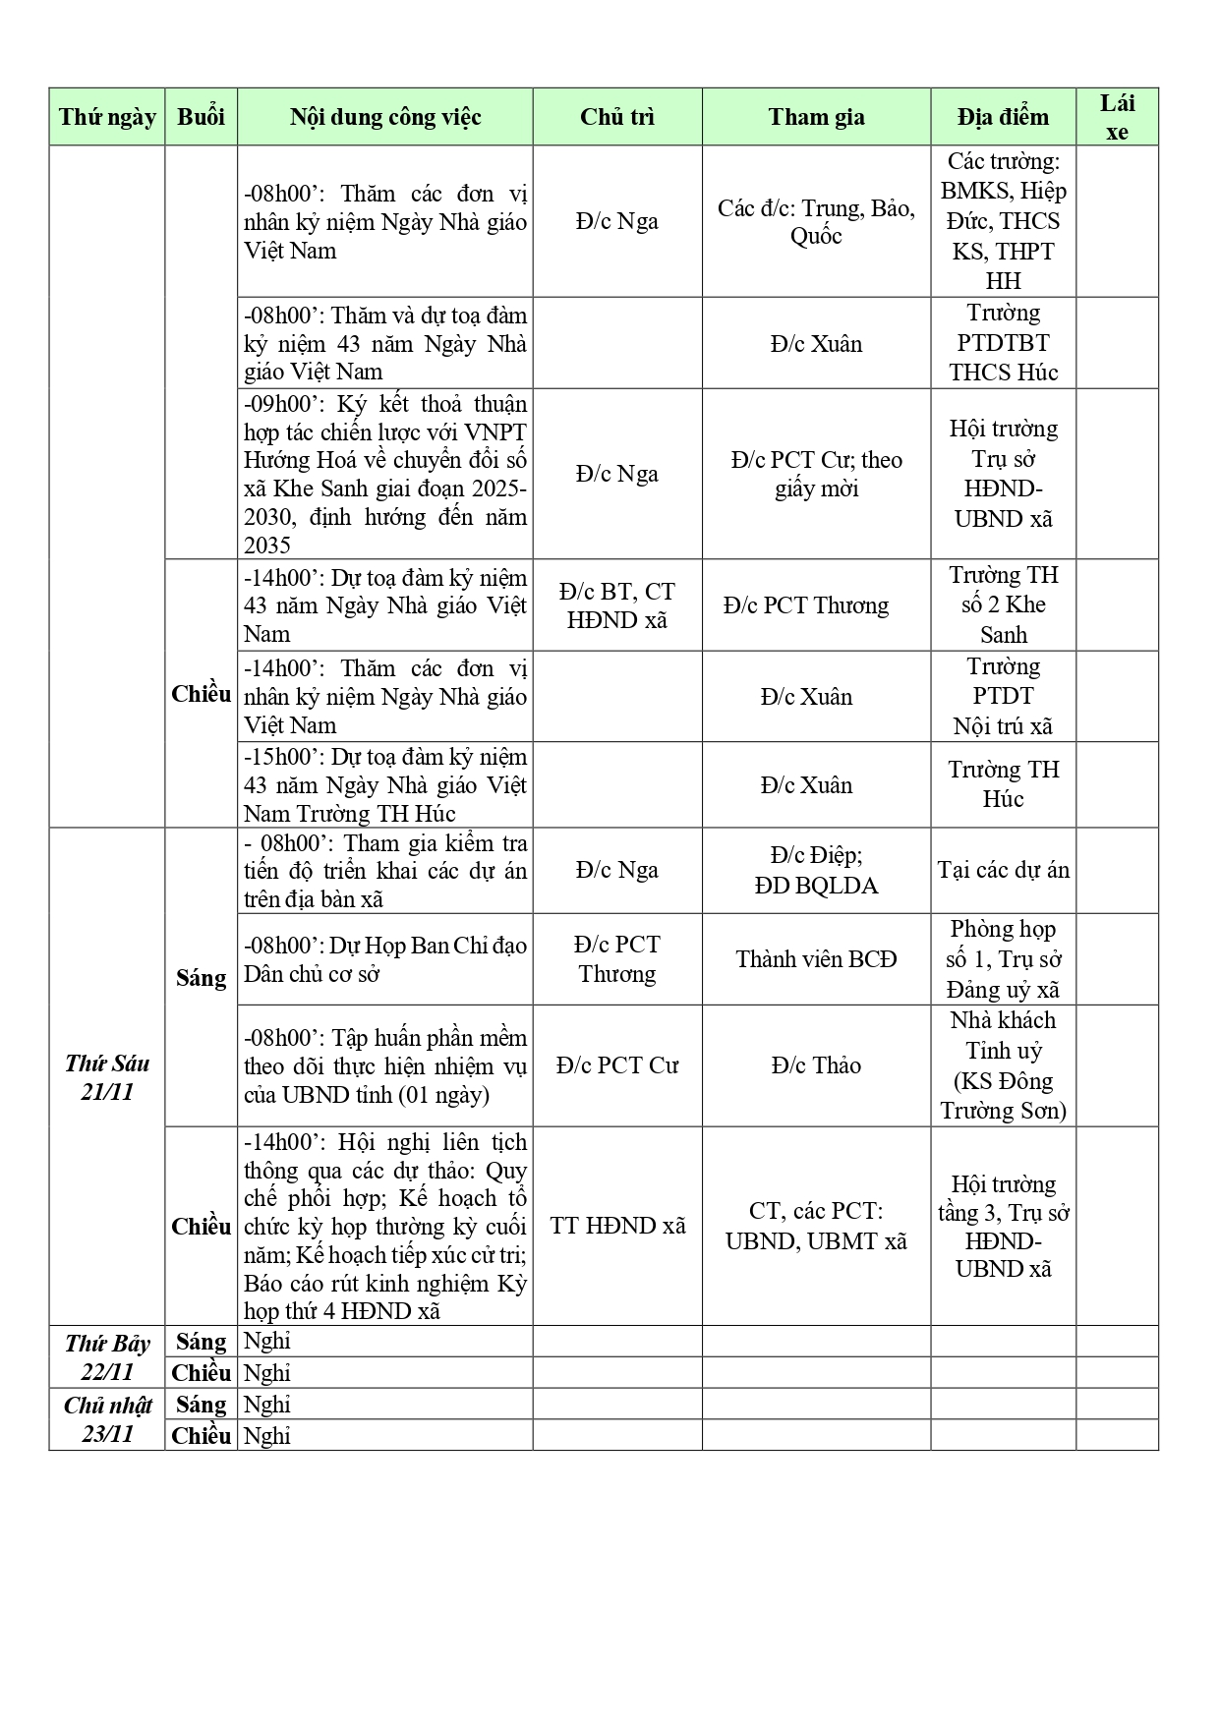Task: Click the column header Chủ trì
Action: point(616,117)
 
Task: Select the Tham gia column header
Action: point(816,117)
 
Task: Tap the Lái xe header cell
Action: point(1117,117)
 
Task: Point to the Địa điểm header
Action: point(1003,117)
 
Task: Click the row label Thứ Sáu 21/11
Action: point(107,1077)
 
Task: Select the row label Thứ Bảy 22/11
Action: point(107,1356)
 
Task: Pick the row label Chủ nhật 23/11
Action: point(107,1419)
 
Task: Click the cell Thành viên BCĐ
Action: point(816,959)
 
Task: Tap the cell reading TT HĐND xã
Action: point(617,1226)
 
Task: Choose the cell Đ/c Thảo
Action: point(816,1065)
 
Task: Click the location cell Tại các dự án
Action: point(1003,870)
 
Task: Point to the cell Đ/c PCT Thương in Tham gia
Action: point(806,605)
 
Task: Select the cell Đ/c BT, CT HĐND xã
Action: point(617,605)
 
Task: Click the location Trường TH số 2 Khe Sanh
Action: point(1003,604)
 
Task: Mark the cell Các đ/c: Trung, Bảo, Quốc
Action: point(816,222)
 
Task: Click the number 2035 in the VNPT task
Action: point(267,546)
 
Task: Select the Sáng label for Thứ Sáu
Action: point(201,978)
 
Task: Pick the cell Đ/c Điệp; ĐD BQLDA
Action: point(816,870)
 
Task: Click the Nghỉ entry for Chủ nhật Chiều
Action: point(267,1435)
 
